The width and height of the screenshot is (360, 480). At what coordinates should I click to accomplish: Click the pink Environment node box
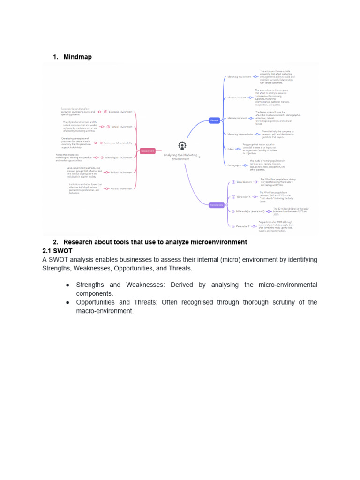point(148,151)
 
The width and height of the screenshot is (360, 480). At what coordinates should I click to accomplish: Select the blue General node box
point(214,120)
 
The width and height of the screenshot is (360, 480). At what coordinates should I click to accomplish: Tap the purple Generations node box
point(216,205)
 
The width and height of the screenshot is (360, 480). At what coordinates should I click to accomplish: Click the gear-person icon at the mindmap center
point(182,145)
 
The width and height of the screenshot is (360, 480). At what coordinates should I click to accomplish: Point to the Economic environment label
point(120,112)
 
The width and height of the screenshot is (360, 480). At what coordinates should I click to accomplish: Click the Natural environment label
point(122,127)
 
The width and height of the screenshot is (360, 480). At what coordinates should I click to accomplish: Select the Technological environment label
point(119,157)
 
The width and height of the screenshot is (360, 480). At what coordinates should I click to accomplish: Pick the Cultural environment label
point(121,188)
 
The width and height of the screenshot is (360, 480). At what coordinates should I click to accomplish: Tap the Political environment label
point(121,172)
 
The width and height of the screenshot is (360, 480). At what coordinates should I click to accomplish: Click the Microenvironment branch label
point(237,98)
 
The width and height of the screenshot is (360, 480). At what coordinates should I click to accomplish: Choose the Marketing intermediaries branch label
point(240,134)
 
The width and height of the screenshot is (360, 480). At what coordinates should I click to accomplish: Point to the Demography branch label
point(234,165)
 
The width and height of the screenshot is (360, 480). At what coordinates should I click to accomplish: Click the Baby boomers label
point(244,182)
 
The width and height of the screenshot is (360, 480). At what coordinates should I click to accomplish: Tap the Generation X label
point(244,197)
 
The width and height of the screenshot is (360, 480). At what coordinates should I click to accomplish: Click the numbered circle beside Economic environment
point(105,112)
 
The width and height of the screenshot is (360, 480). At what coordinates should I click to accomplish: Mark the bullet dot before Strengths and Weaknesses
point(68,285)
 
